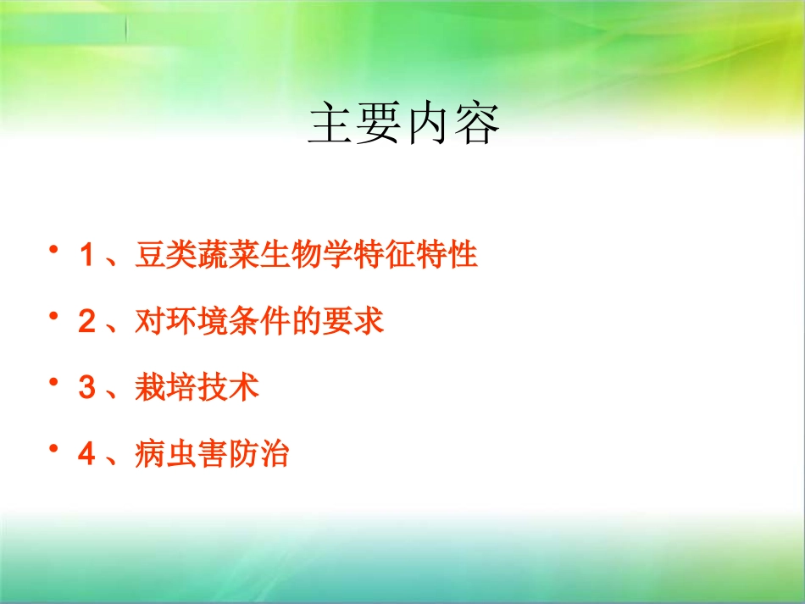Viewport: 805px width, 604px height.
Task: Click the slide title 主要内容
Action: point(403,125)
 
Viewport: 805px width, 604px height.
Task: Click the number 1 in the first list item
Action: point(86,255)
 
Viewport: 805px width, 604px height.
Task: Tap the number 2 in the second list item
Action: point(86,322)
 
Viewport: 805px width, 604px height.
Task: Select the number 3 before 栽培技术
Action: point(86,389)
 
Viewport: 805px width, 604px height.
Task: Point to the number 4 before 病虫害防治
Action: point(86,456)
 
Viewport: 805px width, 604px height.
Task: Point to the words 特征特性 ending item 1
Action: point(417,255)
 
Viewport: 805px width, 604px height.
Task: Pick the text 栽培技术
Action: point(196,389)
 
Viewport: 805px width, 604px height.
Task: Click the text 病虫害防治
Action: point(212,456)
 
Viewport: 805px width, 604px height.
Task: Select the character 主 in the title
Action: point(330,125)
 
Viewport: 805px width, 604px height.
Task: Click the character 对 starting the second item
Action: point(149,322)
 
